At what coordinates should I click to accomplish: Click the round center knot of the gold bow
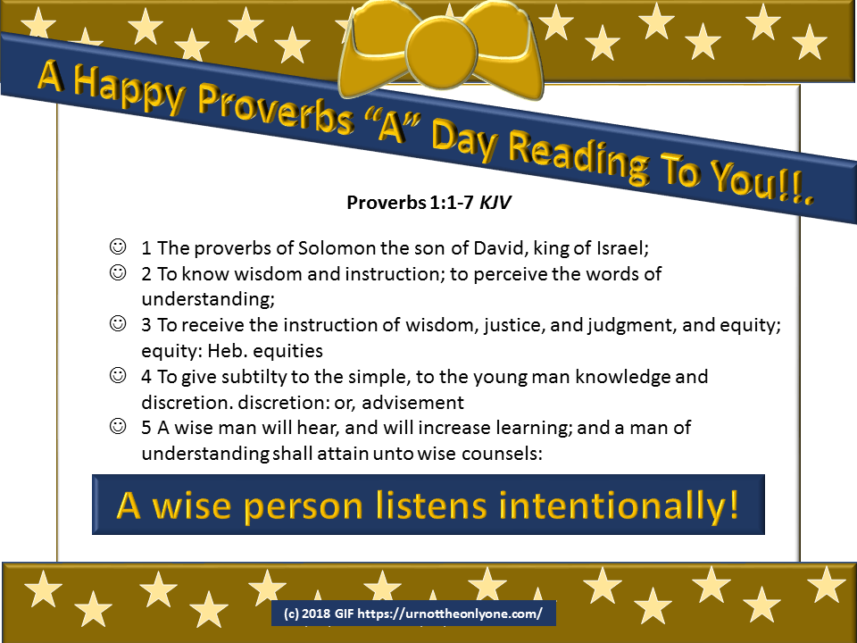[x=442, y=52]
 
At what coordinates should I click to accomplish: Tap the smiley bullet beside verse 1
[x=118, y=246]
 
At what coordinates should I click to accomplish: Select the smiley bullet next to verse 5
[x=118, y=426]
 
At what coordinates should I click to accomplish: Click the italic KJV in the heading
[x=495, y=203]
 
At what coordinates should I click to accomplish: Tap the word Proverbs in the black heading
[x=387, y=203]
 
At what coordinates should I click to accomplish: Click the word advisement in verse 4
[x=412, y=403]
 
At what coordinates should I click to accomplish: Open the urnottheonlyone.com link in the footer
[x=450, y=614]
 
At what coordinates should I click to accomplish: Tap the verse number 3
[x=146, y=325]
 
